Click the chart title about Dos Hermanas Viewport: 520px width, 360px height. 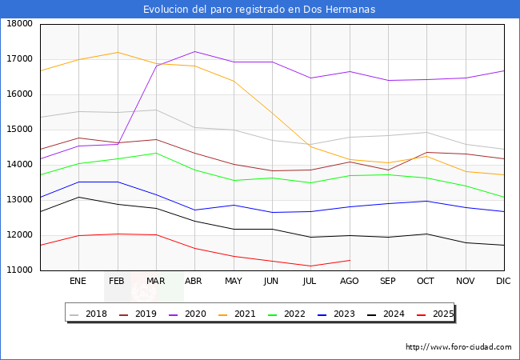(259, 10)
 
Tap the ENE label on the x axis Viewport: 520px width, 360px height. (78, 282)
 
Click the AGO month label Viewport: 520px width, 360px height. (350, 282)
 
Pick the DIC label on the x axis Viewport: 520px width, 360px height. (503, 282)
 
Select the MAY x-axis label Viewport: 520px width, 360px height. (234, 282)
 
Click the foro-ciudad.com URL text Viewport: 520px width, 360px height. (458, 347)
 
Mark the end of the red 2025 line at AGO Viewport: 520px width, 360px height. (350, 260)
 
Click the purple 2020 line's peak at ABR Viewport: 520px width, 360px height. (195, 51)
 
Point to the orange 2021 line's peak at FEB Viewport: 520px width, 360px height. (118, 53)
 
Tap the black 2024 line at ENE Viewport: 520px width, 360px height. (78, 197)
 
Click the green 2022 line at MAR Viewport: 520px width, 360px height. (157, 153)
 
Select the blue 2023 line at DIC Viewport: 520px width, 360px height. (503, 212)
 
